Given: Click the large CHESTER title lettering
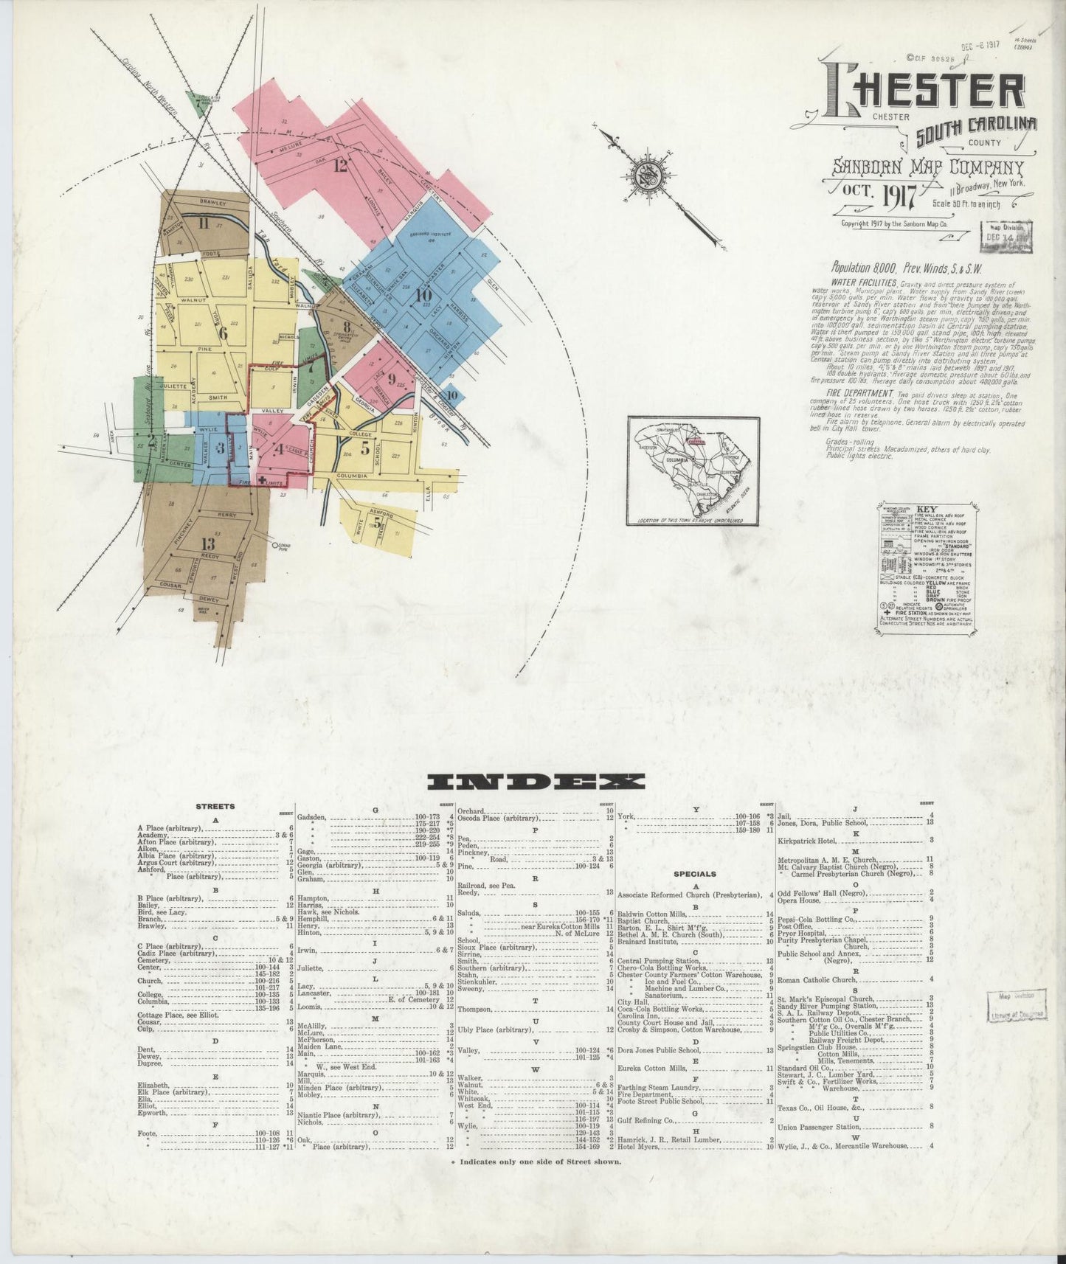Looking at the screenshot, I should tap(934, 92).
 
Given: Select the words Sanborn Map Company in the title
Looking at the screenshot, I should tap(927, 170).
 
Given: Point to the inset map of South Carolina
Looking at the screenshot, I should tap(693, 470).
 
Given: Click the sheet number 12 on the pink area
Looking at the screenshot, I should tap(339, 165).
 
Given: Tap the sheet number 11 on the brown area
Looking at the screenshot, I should tap(204, 224).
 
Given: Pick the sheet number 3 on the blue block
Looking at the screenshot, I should tap(220, 448).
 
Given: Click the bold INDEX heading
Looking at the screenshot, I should tap(536, 782).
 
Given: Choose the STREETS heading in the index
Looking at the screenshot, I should tap(215, 807).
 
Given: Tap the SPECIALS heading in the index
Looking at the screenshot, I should tap(695, 874).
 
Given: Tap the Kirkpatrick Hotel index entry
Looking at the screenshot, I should tap(811, 839).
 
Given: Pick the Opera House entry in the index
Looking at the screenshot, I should tap(797, 899).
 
